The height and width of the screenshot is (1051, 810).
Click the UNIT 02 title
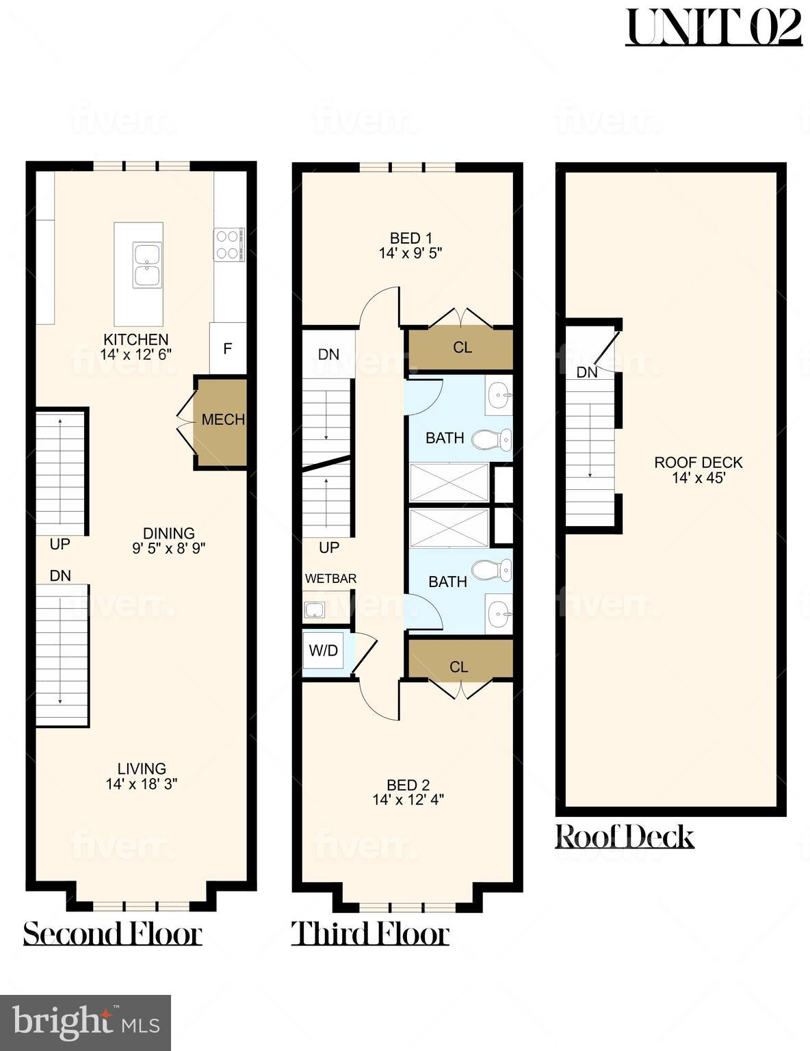[713, 27]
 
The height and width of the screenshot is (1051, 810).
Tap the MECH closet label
[223, 419]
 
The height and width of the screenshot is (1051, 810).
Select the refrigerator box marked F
[227, 348]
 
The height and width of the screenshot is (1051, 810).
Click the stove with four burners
[229, 244]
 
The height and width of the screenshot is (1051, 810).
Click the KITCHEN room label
[135, 339]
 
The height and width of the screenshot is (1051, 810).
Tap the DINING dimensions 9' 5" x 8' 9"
[168, 548]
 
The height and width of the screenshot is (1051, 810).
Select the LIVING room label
[141, 768]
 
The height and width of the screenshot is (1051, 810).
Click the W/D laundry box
[324, 651]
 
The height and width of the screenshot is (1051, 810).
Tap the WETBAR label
[330, 579]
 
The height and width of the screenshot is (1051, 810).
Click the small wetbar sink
[316, 610]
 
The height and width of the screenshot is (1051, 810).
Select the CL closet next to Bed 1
[462, 348]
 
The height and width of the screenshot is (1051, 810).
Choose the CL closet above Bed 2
[458, 666]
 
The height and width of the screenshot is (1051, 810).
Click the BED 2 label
[408, 785]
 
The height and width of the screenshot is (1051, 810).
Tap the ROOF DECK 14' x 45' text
[698, 470]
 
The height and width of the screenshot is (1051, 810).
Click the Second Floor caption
[113, 933]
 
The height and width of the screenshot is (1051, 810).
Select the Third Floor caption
[370, 933]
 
